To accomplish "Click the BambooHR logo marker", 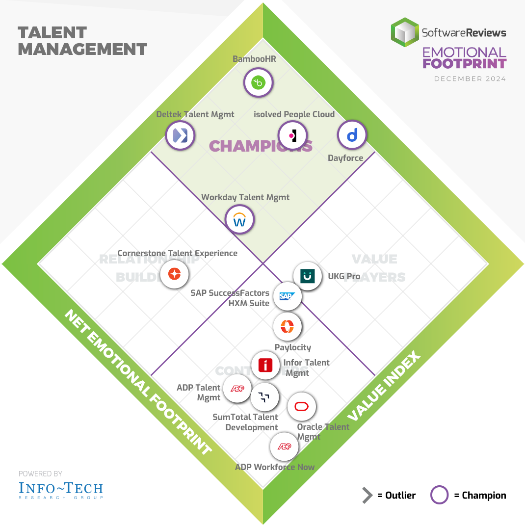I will [258, 82].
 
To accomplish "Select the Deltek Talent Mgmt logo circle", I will [180, 134].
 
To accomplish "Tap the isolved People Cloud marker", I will [292, 135].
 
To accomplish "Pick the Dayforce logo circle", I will [352, 134].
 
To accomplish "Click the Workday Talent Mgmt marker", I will [239, 220].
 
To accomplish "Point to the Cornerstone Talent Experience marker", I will [174, 274].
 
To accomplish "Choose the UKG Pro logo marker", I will [307, 276].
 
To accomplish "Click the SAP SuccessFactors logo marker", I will [287, 296].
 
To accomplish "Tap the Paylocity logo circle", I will [287, 326].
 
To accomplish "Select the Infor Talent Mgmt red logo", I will [265, 366].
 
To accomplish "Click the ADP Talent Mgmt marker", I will [237, 389].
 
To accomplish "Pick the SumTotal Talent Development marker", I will [264, 397].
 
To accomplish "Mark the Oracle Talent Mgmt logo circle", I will [301, 406].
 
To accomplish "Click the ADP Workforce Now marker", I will [284, 446].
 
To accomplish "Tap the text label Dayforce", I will [345, 158].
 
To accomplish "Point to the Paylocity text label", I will [293, 347].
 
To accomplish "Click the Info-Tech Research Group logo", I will [61, 490].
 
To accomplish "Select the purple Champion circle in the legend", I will [439, 495].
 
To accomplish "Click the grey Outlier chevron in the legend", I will [367, 496].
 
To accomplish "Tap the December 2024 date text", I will [470, 79].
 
